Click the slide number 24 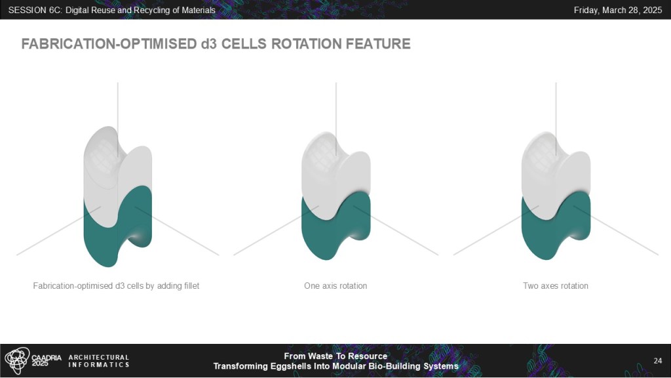[x=658, y=361]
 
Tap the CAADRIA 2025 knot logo [x=17, y=360]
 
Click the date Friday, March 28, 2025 [x=617, y=10]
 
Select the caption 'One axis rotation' [x=335, y=286]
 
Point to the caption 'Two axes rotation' [x=556, y=286]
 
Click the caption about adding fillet [x=116, y=286]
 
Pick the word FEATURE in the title [x=378, y=44]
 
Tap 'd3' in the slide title [x=209, y=44]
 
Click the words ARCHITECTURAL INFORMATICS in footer [x=99, y=361]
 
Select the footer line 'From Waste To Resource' [x=335, y=356]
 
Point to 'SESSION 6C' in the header [x=34, y=10]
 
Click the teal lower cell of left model [x=103, y=240]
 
